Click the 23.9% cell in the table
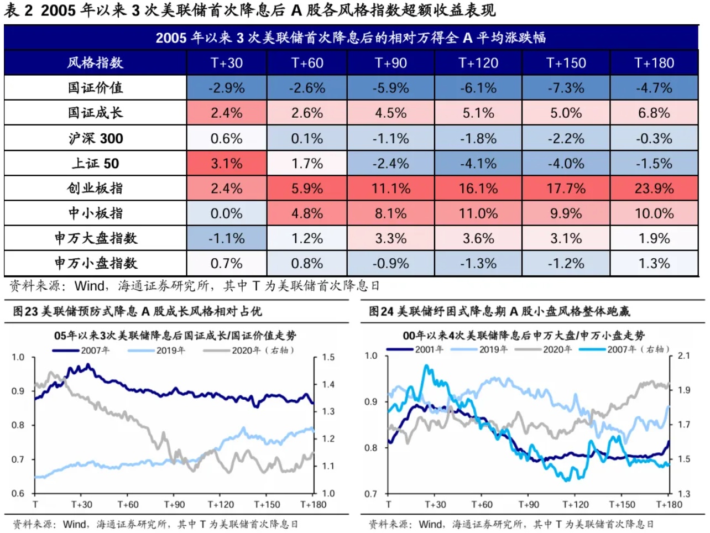[x=654, y=189]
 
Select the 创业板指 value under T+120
[x=478, y=189]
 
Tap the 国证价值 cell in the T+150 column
[x=566, y=88]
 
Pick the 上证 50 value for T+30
[x=227, y=164]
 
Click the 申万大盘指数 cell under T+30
[x=227, y=238]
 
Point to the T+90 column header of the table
[x=391, y=63]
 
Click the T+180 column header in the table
[x=654, y=63]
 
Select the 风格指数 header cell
[x=95, y=63]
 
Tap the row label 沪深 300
[x=95, y=138]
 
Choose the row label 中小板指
[x=95, y=213]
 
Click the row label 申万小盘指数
[x=95, y=263]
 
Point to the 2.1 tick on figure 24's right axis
[x=684, y=356]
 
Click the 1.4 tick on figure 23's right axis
[x=328, y=384]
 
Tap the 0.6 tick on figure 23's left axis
[x=18, y=493]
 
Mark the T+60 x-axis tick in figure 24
[x=482, y=504]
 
